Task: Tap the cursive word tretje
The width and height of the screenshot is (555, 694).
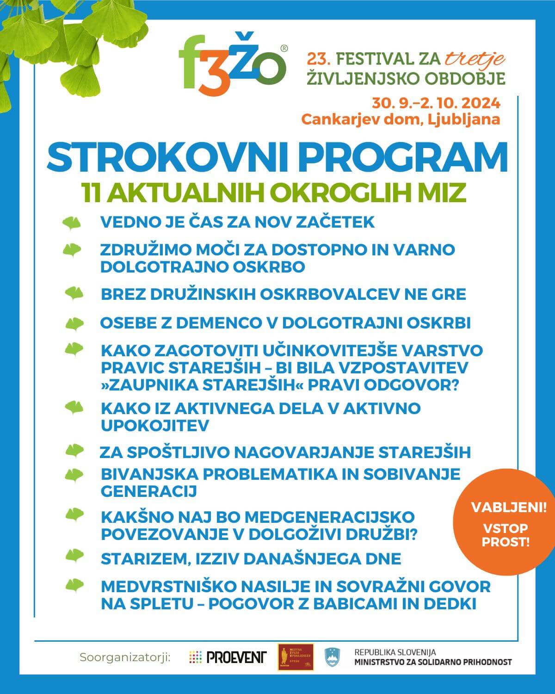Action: [475, 59]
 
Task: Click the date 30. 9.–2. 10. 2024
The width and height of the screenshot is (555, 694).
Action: [436, 102]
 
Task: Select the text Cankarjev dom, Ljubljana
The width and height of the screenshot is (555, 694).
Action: [401, 119]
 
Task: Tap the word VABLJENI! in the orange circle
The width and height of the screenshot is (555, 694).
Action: [508, 508]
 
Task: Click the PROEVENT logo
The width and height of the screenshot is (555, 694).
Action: [228, 657]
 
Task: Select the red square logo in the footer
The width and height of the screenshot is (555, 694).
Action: [296, 657]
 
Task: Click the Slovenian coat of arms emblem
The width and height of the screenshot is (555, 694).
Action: [332, 657]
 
